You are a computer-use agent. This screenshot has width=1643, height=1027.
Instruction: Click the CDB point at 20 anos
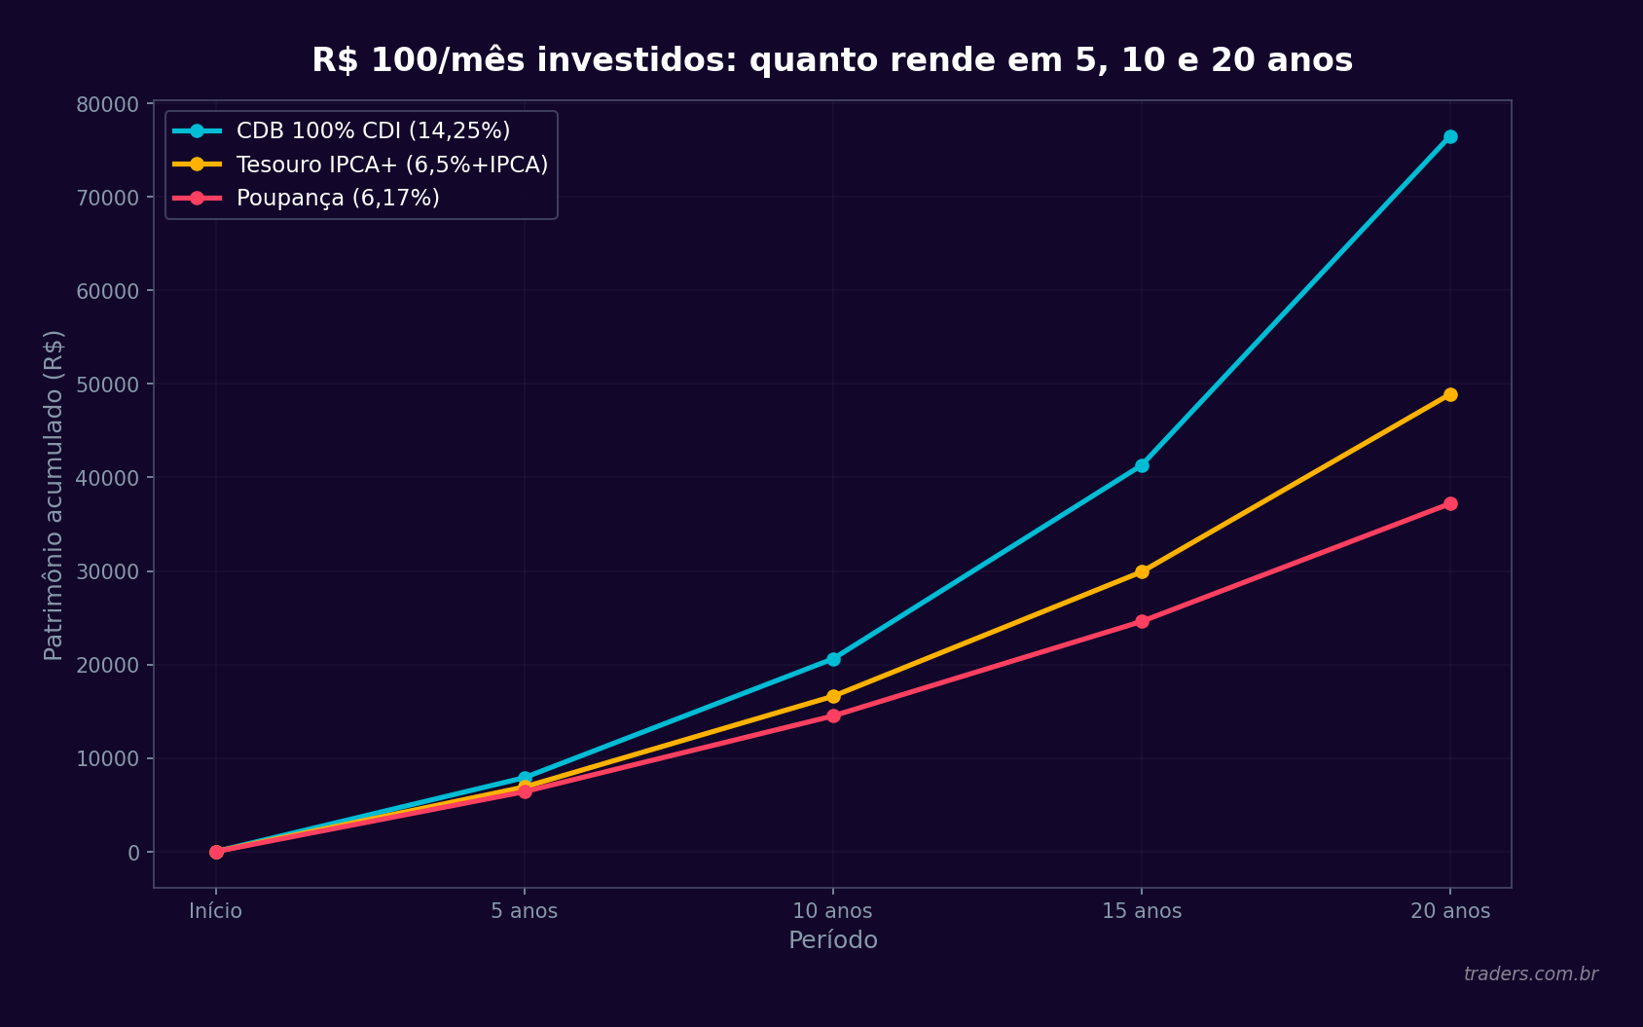pyautogui.click(x=1450, y=136)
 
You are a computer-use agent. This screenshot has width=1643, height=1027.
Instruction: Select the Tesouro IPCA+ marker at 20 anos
pyautogui.click(x=1450, y=394)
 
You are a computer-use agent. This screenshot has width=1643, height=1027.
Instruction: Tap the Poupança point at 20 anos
pyautogui.click(x=1450, y=503)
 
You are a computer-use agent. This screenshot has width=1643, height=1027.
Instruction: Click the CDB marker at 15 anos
pyautogui.click(x=1142, y=465)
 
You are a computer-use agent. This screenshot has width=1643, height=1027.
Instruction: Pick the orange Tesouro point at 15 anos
pyautogui.click(x=1142, y=571)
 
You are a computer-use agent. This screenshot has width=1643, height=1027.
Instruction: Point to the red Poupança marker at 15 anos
pyautogui.click(x=1142, y=621)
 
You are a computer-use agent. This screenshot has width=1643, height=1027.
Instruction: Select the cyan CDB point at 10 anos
pyautogui.click(x=833, y=659)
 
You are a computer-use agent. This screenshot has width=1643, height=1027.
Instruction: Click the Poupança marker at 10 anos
pyautogui.click(x=833, y=715)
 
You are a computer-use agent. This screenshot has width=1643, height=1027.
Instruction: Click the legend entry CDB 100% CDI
pyautogui.click(x=373, y=130)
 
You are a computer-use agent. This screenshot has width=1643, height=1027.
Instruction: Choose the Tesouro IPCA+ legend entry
pyautogui.click(x=391, y=165)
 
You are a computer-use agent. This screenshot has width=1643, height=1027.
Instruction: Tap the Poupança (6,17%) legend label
pyautogui.click(x=338, y=198)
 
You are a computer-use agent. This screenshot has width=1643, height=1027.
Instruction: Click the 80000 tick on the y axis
pyautogui.click(x=108, y=104)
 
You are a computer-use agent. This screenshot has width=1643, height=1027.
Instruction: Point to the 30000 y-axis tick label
pyautogui.click(x=108, y=571)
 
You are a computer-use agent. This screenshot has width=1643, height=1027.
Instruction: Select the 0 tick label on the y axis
pyautogui.click(x=134, y=853)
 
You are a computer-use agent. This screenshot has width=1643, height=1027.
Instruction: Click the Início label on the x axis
pyautogui.click(x=215, y=911)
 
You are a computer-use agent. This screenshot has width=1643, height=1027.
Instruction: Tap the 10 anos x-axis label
pyautogui.click(x=832, y=911)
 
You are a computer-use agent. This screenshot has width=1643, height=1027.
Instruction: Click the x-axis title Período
pyautogui.click(x=832, y=940)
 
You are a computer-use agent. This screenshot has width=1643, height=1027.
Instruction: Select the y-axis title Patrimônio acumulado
pyautogui.click(x=54, y=495)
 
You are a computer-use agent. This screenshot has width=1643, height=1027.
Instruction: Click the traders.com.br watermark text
pyautogui.click(x=1530, y=973)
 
